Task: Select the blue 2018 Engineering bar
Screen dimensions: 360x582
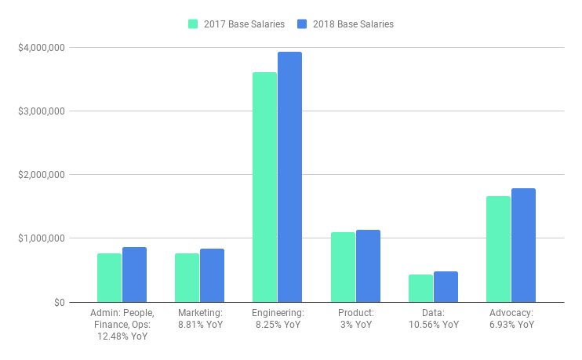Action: coord(289,176)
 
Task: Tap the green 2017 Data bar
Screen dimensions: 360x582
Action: coord(420,288)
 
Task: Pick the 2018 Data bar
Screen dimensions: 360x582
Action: coord(446,286)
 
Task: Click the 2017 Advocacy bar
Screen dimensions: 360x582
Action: coord(498,249)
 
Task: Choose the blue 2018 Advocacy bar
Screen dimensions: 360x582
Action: coord(523,245)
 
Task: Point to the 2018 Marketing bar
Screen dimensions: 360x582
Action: coord(212,275)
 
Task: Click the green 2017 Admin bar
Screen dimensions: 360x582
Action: coord(109,278)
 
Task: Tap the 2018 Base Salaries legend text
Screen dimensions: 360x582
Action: coord(353,24)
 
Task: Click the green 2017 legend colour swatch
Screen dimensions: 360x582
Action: coord(194,24)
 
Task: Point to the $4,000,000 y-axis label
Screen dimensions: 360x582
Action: coord(42,47)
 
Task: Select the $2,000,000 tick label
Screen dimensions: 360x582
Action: coord(42,174)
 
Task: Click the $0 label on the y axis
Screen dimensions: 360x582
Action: coord(60,302)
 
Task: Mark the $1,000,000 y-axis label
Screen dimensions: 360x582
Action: coord(42,238)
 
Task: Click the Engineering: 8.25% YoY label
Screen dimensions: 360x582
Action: coord(277,318)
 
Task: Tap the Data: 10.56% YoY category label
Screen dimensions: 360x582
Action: coord(433,318)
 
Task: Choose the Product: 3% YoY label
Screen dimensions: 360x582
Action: coord(355,318)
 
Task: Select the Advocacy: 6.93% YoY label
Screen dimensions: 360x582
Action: coord(511,318)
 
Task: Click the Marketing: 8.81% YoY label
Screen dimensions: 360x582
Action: coord(199,318)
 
